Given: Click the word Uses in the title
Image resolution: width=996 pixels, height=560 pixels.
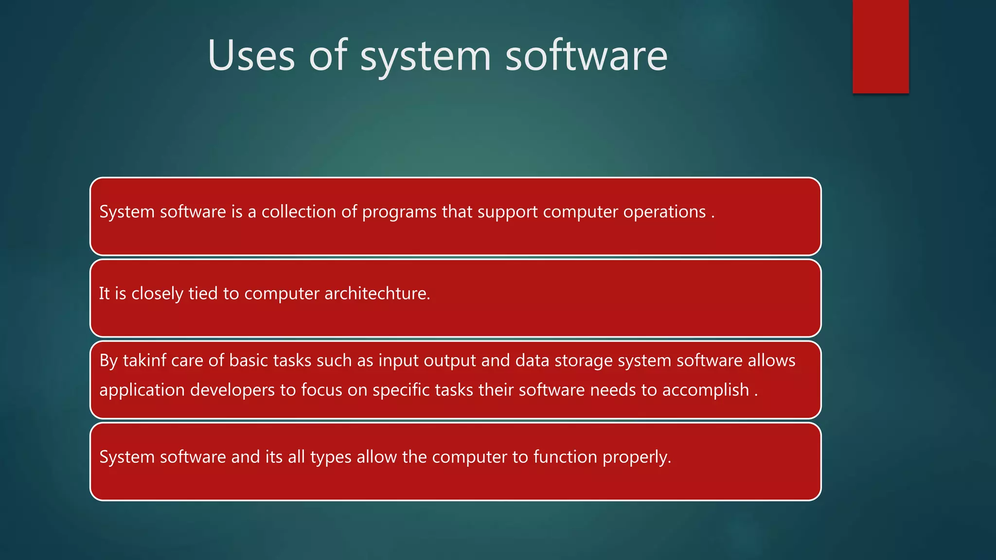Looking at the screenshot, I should tap(251, 55).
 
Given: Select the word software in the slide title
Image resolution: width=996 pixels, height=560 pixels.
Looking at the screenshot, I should tap(586, 55).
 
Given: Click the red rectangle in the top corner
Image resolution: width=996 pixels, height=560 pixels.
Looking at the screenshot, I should tap(880, 47).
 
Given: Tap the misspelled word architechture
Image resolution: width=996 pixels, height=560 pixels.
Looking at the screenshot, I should tap(377, 294).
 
